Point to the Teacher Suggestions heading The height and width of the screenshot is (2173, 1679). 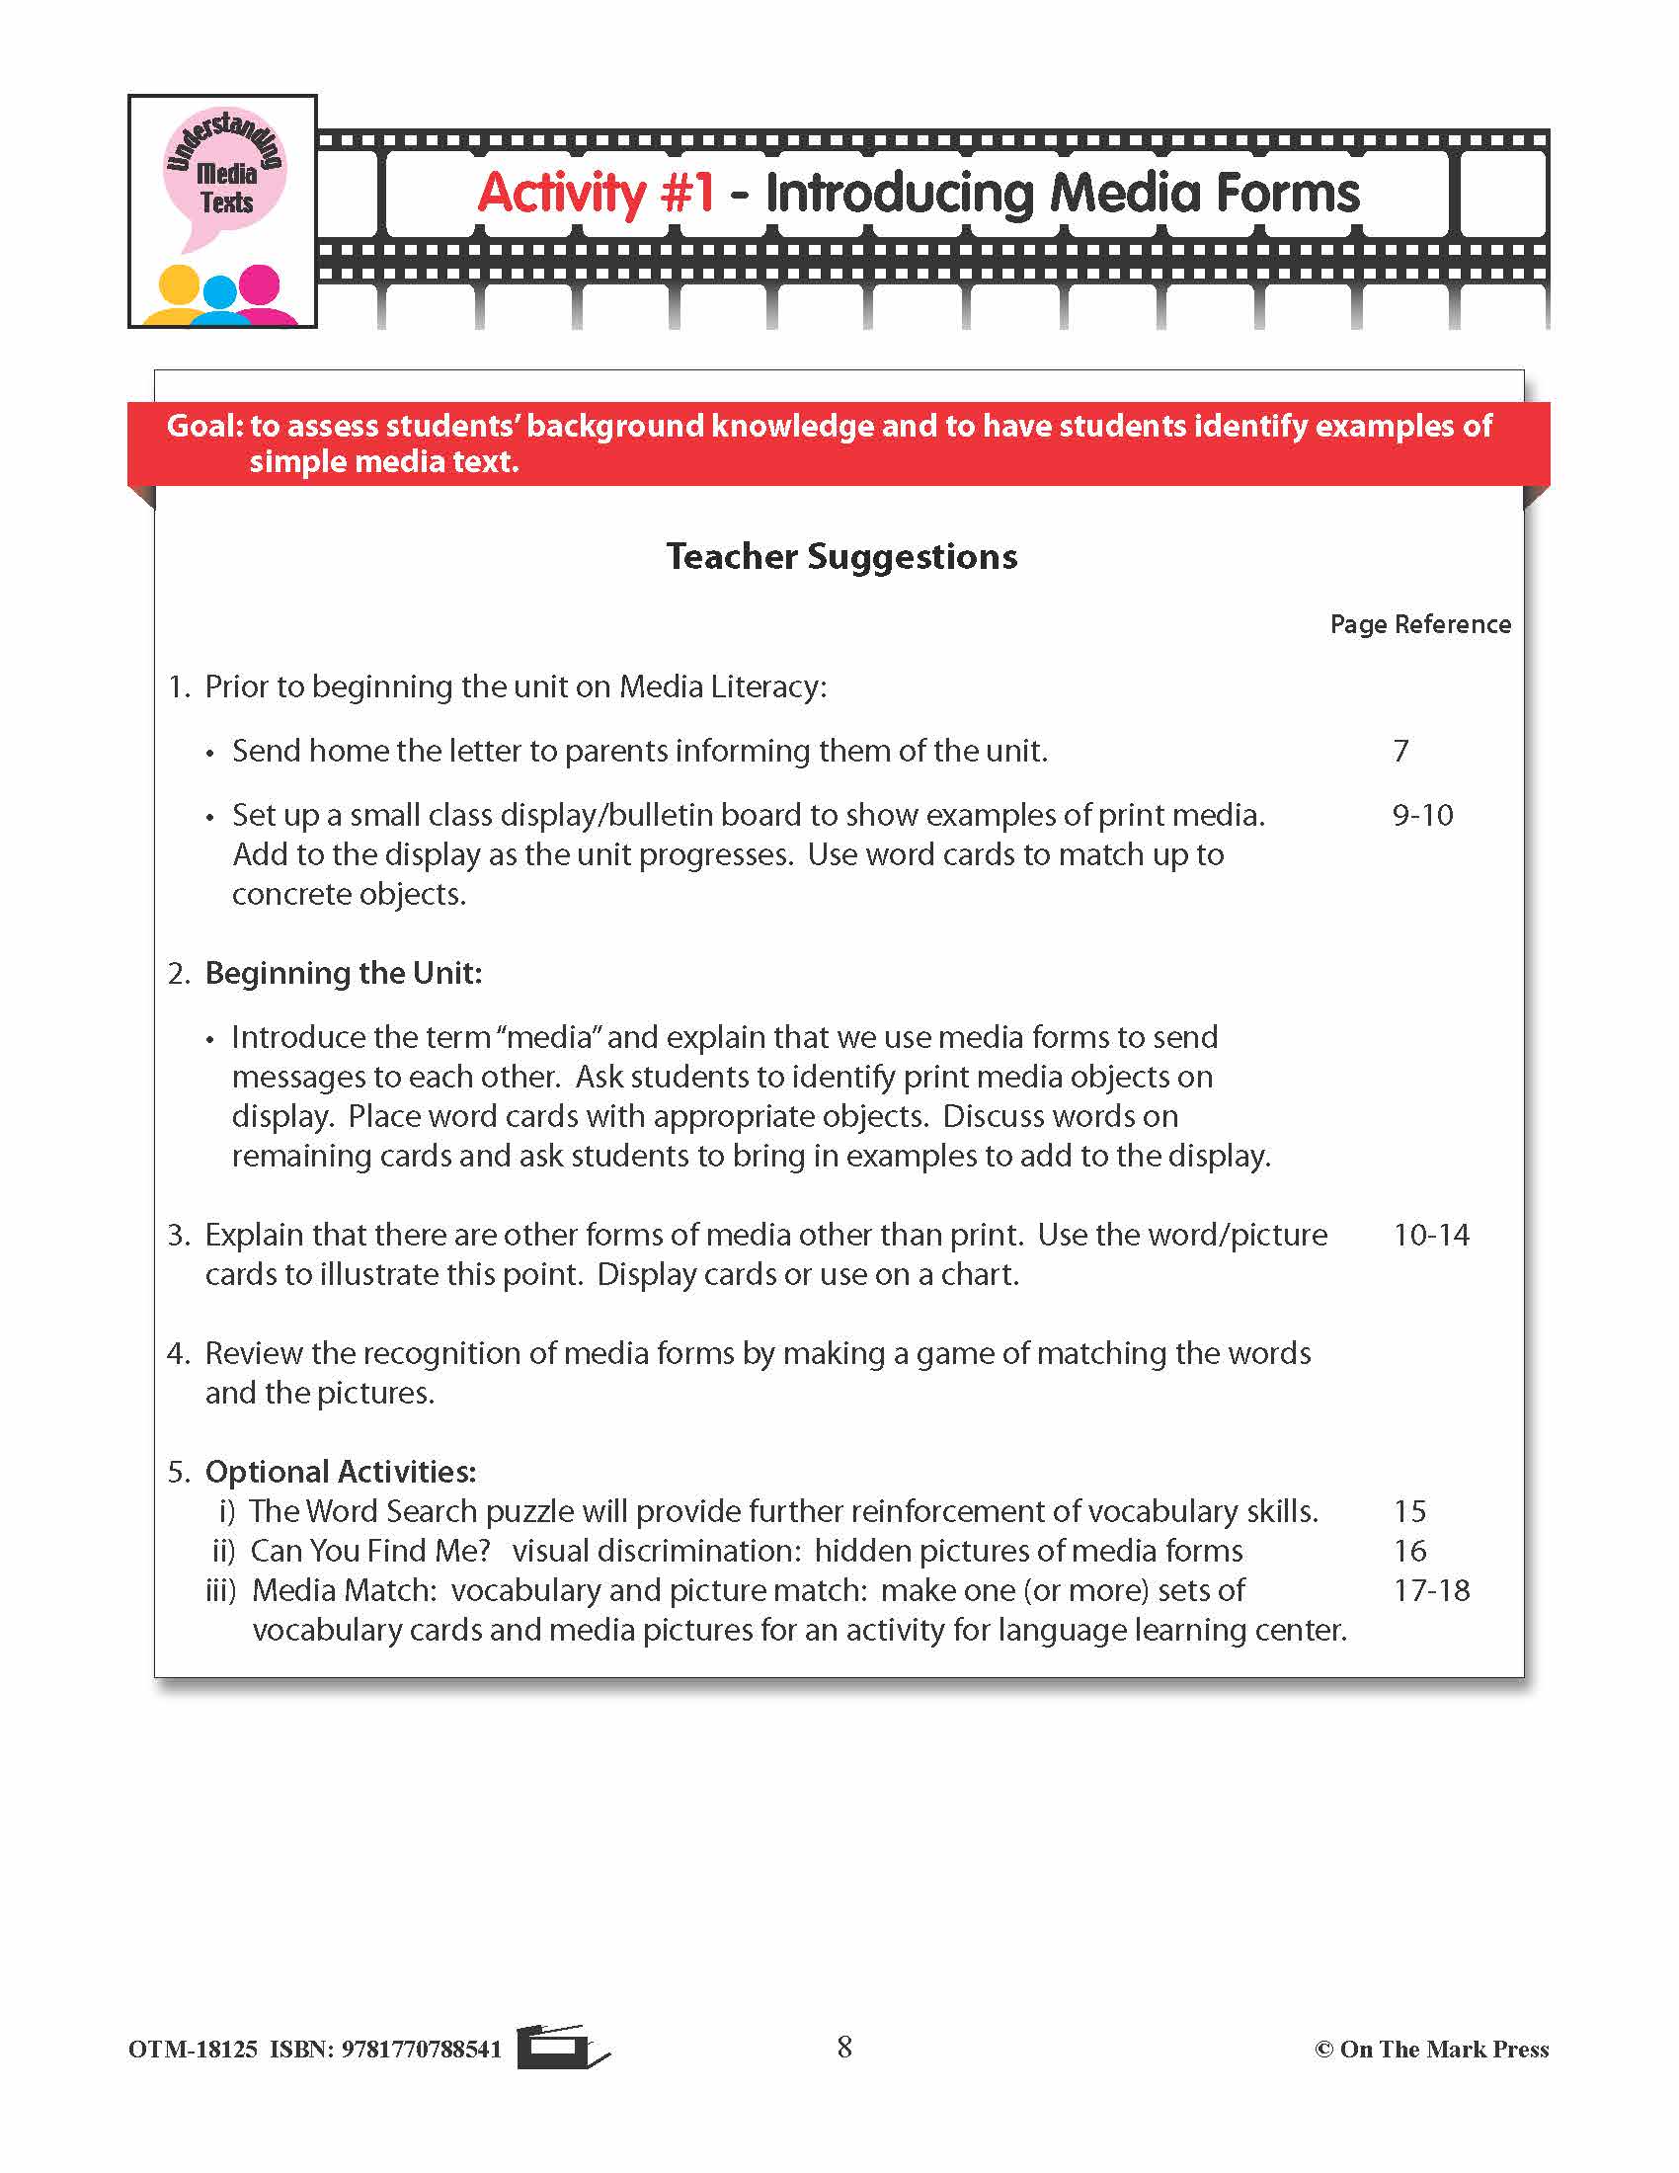(x=841, y=556)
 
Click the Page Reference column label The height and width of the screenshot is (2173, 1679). (x=1419, y=624)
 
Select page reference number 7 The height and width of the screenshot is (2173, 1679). (x=1400, y=751)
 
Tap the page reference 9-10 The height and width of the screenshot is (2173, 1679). (x=1422, y=815)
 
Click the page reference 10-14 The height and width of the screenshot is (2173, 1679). (x=1430, y=1235)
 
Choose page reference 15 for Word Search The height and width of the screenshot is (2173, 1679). (x=1409, y=1511)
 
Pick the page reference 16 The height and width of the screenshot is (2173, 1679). (x=1409, y=1550)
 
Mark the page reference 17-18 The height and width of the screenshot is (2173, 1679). (x=1430, y=1590)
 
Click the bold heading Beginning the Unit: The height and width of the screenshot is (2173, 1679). (x=343, y=973)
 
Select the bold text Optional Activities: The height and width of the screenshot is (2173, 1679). (x=340, y=1472)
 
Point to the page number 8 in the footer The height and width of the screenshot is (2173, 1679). (x=844, y=2047)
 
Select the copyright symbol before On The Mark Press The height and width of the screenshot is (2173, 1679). (x=1323, y=2050)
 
